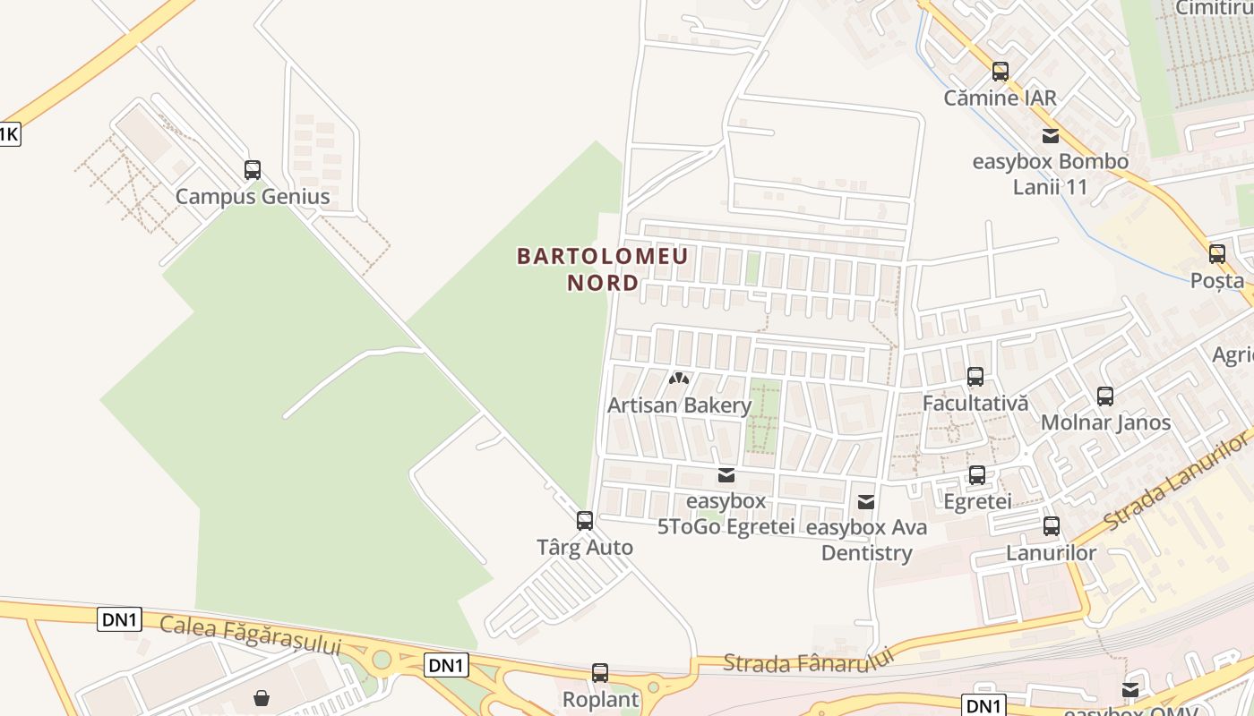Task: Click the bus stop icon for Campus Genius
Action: pyautogui.click(x=253, y=170)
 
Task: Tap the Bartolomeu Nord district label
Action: pyautogui.click(x=603, y=269)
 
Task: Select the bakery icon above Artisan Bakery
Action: pyautogui.click(x=679, y=379)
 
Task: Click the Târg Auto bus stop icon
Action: pyautogui.click(x=585, y=520)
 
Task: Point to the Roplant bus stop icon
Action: pyautogui.click(x=600, y=672)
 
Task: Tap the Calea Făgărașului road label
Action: pyautogui.click(x=251, y=635)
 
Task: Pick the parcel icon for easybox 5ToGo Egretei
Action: pyautogui.click(x=726, y=474)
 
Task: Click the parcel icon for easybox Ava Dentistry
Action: pyautogui.click(x=866, y=502)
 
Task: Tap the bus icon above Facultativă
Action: pyautogui.click(x=975, y=377)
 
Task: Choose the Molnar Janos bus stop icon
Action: pyautogui.click(x=1105, y=396)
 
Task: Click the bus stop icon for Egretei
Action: pyautogui.click(x=977, y=475)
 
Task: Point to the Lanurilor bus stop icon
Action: pyautogui.click(x=1052, y=526)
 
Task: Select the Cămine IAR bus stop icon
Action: pyautogui.click(x=1001, y=72)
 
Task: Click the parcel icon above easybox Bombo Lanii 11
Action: pyautogui.click(x=1051, y=136)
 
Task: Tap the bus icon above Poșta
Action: pyautogui.click(x=1217, y=253)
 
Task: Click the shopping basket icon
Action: pyautogui.click(x=262, y=697)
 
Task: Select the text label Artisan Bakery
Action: pyautogui.click(x=679, y=405)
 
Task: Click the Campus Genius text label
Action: pyautogui.click(x=253, y=197)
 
